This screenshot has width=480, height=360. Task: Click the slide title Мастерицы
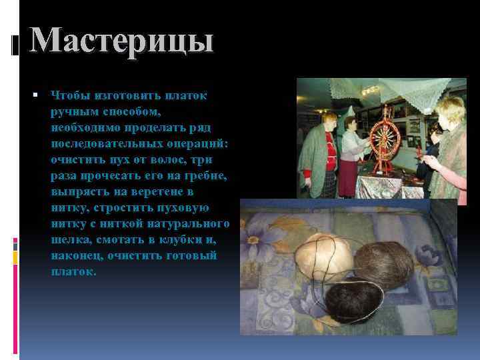(x=121, y=41)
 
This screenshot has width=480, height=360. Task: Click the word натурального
(x=187, y=224)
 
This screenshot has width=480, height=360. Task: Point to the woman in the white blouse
(x=349, y=153)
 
